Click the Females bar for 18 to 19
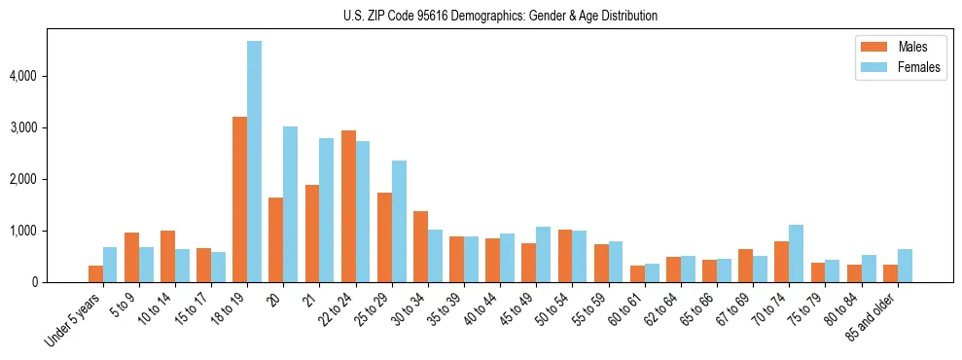click(x=254, y=162)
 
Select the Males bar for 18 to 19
click(x=239, y=199)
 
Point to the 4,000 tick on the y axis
click(x=23, y=76)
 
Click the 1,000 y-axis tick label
click(x=23, y=232)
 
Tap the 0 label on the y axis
click(x=34, y=283)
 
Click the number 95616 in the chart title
click(x=439, y=16)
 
